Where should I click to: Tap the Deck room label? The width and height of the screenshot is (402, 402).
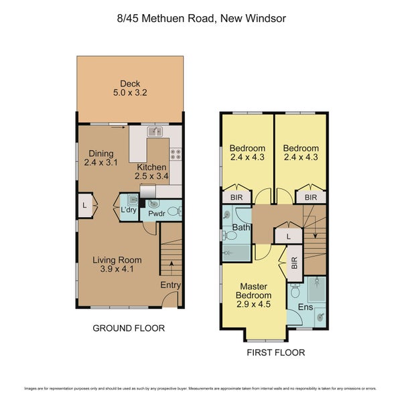130,84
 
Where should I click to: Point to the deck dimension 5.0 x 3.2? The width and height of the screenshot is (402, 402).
130,94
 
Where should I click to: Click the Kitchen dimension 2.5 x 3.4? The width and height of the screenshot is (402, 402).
152,176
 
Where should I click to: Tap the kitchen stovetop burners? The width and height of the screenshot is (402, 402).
176,155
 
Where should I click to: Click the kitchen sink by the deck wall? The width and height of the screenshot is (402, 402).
156,131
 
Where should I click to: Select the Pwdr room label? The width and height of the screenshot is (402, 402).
157,214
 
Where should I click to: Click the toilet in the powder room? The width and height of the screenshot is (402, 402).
173,211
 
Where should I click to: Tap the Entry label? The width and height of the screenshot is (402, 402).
170,285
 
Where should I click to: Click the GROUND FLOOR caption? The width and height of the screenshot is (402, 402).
129,328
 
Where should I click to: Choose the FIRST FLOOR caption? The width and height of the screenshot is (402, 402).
276,352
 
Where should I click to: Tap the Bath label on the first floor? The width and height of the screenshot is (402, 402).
241,228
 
